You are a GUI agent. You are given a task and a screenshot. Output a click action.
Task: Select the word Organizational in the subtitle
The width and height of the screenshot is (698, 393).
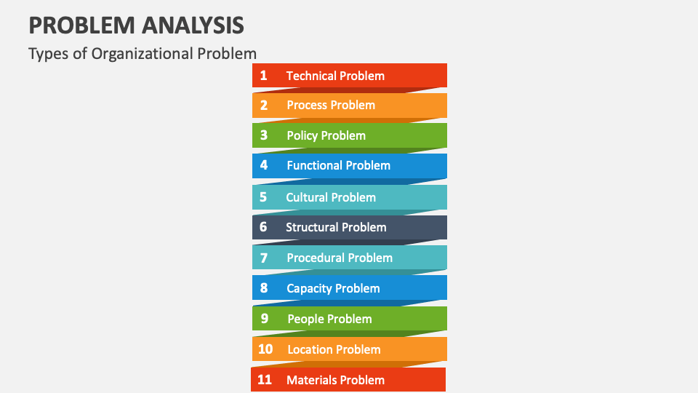142,54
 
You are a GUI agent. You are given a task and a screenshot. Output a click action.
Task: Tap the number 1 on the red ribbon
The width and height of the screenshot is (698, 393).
263,75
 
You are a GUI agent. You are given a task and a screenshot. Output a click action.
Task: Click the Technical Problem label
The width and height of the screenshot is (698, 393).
335,76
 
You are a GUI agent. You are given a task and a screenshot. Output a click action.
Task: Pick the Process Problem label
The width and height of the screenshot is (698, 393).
331,105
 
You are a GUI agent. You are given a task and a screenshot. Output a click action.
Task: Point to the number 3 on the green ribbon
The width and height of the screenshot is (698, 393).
263,135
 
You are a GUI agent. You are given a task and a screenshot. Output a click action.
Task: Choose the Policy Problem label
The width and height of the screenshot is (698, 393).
326,135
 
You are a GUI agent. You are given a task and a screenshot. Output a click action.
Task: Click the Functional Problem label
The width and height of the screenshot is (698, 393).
338,165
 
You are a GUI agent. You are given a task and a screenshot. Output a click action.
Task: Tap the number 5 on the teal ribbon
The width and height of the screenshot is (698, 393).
263,197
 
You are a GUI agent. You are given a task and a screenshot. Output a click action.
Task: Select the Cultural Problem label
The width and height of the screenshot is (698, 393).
331,197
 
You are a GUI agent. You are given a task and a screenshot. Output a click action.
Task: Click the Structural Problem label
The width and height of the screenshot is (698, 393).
336,227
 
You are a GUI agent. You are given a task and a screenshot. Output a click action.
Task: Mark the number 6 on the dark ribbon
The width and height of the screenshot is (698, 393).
263,227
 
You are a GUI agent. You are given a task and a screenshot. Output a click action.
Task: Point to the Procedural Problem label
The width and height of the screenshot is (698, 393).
340,258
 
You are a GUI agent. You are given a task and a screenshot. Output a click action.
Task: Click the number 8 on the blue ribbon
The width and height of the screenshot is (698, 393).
263,288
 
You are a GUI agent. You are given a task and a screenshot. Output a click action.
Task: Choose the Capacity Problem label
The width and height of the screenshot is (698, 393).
333,289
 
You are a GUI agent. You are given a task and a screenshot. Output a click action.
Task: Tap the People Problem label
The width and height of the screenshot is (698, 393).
329,319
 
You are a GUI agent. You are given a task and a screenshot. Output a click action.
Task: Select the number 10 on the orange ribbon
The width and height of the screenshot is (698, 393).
265,349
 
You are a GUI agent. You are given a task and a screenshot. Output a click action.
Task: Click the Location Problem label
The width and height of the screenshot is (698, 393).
334,349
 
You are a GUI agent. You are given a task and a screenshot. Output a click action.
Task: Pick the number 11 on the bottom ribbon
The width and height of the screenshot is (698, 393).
265,380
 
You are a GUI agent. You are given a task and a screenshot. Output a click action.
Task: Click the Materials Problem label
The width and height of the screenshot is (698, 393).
335,380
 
